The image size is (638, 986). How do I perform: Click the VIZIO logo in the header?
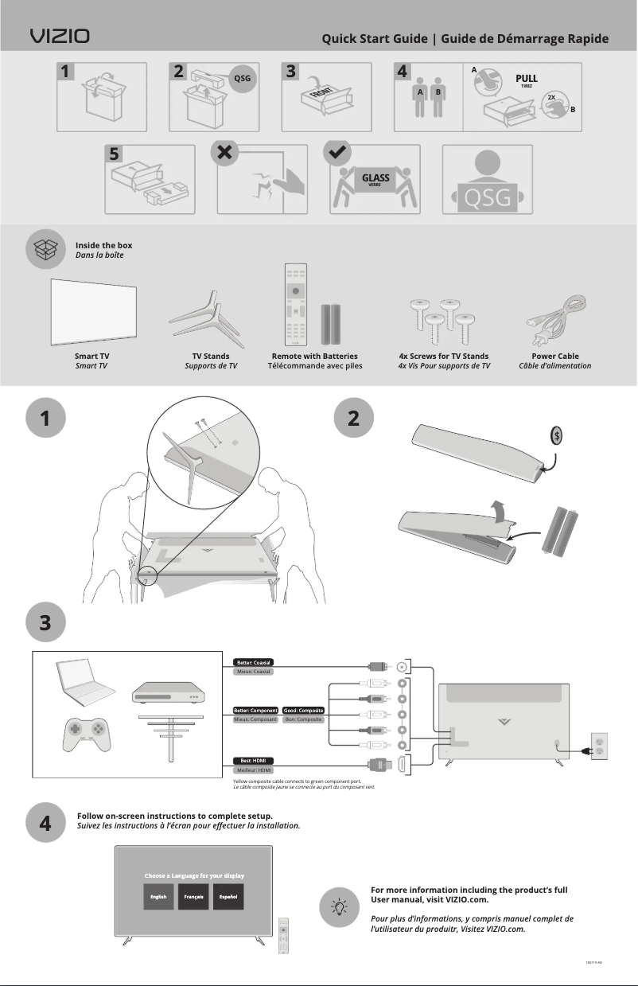click(60, 37)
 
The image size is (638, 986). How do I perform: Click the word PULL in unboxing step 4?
click(526, 79)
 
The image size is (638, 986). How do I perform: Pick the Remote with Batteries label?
click(314, 356)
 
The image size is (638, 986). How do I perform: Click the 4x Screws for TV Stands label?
click(443, 356)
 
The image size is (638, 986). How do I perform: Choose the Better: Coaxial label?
click(253, 662)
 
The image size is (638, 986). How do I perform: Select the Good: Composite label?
click(303, 710)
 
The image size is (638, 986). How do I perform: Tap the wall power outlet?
click(597, 748)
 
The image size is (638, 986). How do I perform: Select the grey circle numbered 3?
click(45, 623)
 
